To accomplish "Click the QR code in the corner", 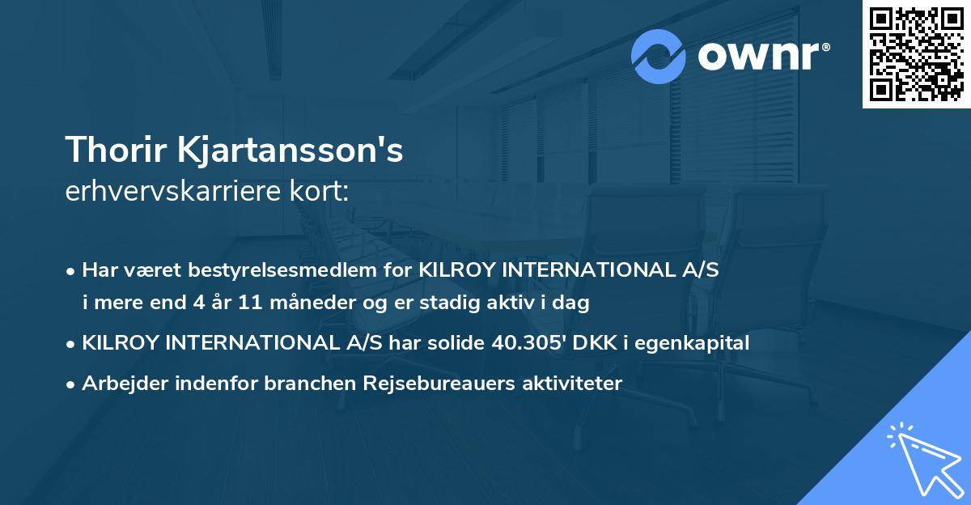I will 915,54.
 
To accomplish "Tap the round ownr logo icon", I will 659,57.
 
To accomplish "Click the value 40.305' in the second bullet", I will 528,342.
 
